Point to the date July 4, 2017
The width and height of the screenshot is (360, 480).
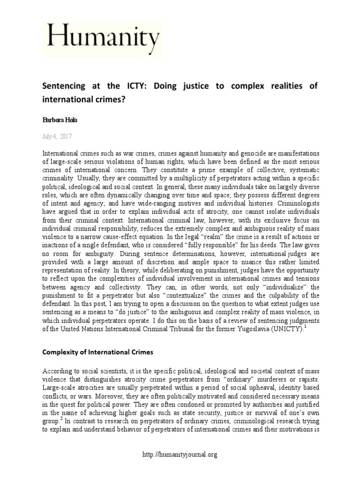(57, 136)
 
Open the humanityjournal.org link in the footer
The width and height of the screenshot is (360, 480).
(180, 454)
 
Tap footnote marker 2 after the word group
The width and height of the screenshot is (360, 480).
(60, 420)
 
